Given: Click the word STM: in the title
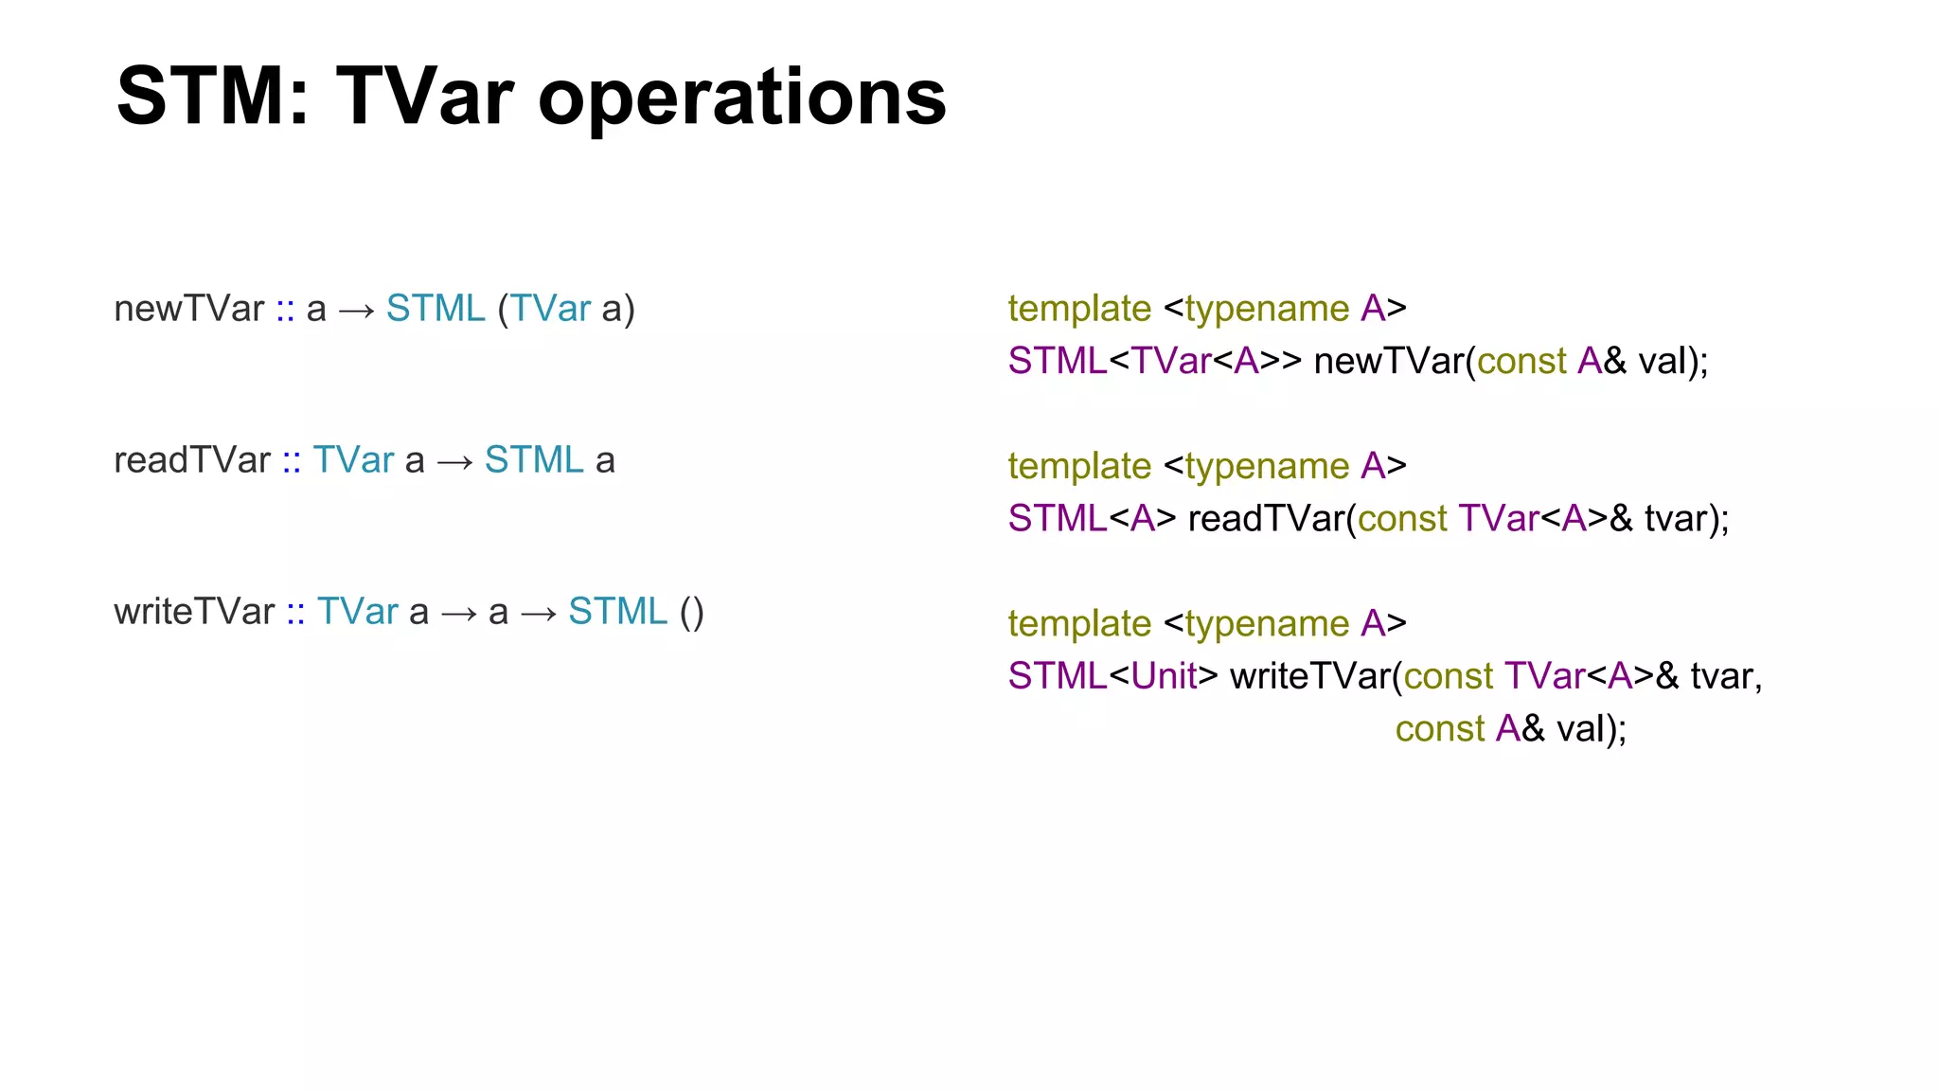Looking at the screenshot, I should click(213, 97).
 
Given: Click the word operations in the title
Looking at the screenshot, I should click(742, 98).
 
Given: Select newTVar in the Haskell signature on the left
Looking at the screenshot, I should click(188, 309).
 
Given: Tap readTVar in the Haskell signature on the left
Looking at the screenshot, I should click(191, 460).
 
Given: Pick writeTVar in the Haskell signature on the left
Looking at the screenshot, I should click(194, 612).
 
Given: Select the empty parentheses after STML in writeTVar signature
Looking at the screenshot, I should click(691, 612).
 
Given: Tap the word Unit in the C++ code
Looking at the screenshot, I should click(1165, 676).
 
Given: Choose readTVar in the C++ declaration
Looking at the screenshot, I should click(1267, 519).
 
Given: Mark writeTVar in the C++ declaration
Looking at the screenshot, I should click(1310, 676).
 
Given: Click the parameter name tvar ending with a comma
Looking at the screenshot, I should click(1725, 676).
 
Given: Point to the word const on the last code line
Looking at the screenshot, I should click(1440, 729).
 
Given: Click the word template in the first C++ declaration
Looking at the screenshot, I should click(1079, 309).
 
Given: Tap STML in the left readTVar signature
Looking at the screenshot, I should click(534, 460).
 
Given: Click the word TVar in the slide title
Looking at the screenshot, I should click(424, 97).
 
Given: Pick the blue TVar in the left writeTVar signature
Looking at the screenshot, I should click(357, 612).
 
